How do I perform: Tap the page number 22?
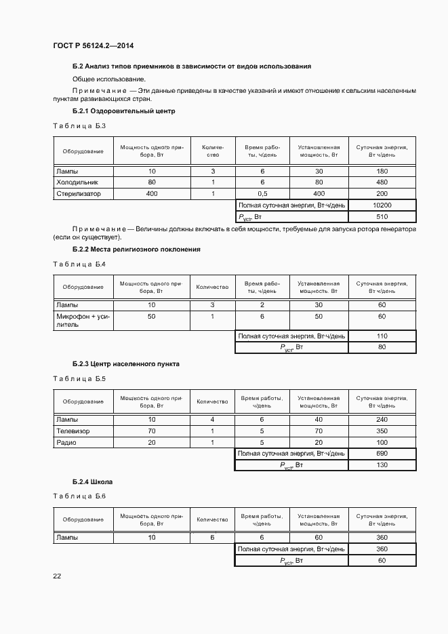click(57, 576)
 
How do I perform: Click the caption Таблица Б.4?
click(79, 263)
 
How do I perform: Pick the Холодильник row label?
click(77, 182)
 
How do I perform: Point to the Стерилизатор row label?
click(78, 194)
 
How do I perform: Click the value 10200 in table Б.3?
click(382, 205)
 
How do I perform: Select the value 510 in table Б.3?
click(382, 217)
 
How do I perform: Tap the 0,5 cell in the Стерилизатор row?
click(262, 194)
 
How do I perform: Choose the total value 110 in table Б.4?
click(382, 336)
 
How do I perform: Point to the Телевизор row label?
click(73, 431)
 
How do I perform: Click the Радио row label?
click(66, 442)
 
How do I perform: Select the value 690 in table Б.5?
click(382, 453)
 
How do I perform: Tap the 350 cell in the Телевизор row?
click(382, 431)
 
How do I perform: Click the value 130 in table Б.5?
click(382, 465)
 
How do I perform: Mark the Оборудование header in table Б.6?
click(83, 519)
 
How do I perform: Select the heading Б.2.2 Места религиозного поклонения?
click(136, 249)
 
